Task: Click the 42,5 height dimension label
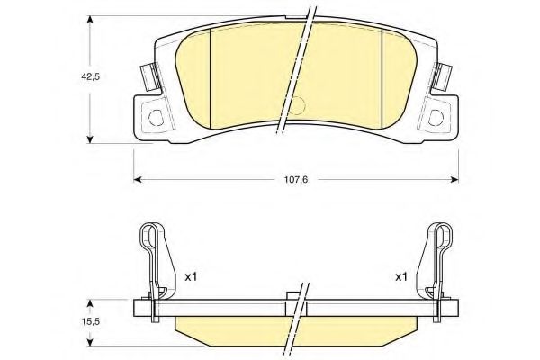90,77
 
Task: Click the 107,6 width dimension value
296,179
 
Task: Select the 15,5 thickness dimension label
90,321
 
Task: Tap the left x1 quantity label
191,276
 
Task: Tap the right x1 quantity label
401,276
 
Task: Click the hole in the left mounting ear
156,118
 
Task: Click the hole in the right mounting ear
436,118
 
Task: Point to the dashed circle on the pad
296,104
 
